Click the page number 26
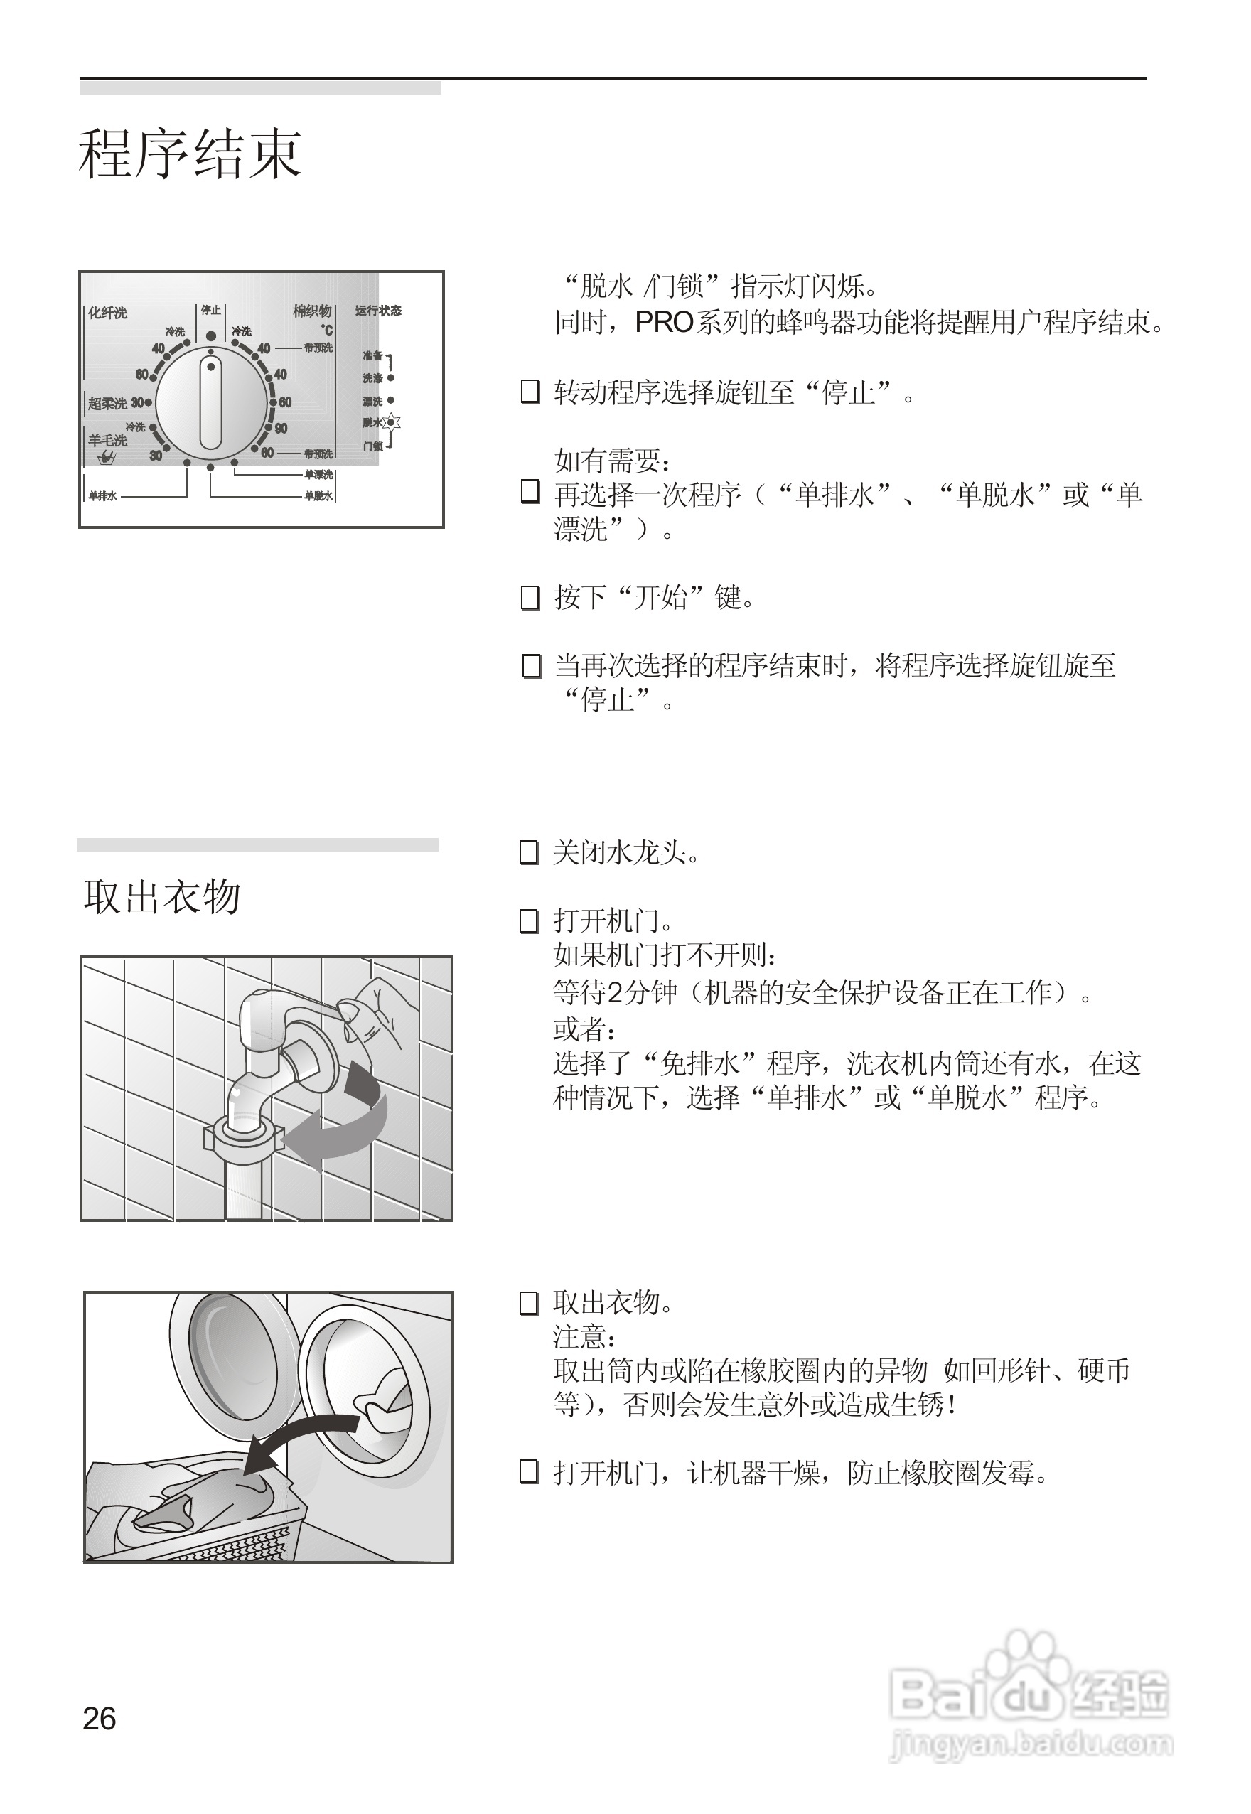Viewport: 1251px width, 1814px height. (100, 1718)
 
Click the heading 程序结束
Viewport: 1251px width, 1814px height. (190, 154)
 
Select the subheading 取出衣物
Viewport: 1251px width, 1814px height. (162, 896)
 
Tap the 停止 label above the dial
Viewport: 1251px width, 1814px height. (211, 311)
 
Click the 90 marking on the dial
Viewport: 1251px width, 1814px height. (281, 428)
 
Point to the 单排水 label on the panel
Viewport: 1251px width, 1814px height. (102, 495)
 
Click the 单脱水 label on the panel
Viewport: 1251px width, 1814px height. (318, 495)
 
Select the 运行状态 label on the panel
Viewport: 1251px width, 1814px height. (378, 311)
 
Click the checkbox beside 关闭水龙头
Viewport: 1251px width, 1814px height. (529, 852)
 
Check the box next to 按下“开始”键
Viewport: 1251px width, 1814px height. (531, 598)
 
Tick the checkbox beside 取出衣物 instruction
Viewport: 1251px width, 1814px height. (529, 1304)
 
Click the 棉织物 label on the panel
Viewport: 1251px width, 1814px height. (312, 311)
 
